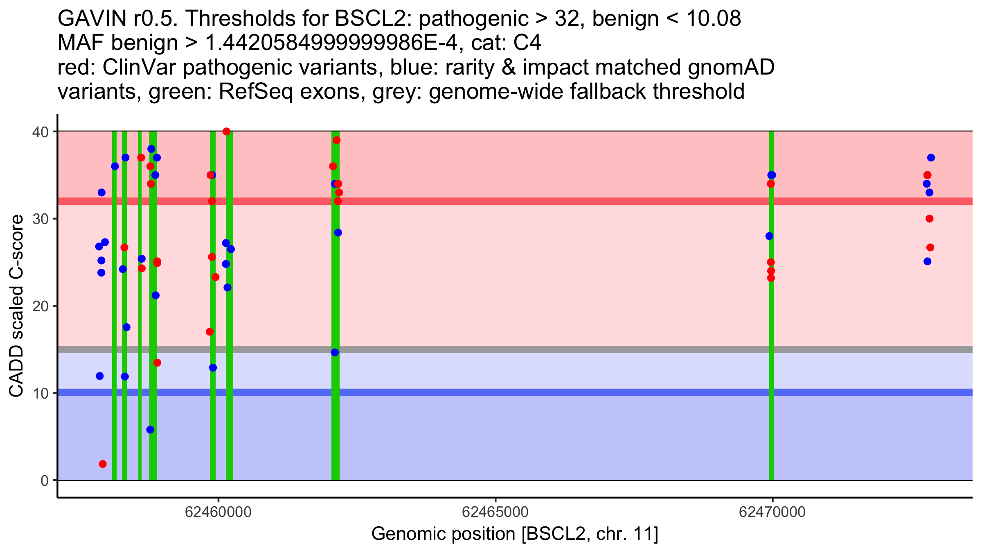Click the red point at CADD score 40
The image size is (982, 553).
tap(226, 131)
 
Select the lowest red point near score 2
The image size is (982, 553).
tap(103, 464)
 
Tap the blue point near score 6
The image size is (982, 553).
tap(150, 430)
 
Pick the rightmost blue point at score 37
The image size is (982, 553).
tap(931, 158)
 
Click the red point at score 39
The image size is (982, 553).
tap(336, 140)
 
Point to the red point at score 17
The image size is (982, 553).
tap(210, 332)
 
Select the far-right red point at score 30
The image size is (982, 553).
tap(929, 219)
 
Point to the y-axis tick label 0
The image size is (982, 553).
tap(44, 480)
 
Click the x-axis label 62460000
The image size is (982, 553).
tap(218, 512)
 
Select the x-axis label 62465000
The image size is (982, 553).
tap(495, 512)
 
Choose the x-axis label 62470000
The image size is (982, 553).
tap(772, 512)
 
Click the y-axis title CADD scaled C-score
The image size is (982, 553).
tap(16, 306)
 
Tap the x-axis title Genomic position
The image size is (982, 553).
tap(515, 534)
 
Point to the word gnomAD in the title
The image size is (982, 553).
tap(731, 67)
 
